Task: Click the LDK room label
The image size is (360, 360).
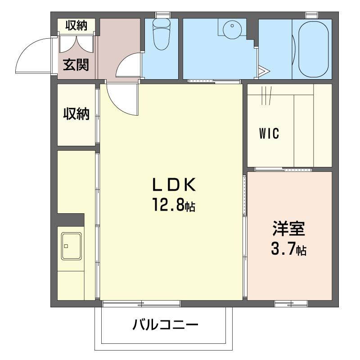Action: coord(173,185)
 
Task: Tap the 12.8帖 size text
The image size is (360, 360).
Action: coord(173,206)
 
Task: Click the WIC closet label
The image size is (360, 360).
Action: coord(269,134)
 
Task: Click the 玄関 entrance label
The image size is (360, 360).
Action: coord(76,65)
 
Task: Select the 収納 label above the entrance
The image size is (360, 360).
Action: coord(76,25)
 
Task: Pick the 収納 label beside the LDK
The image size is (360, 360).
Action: coord(76,114)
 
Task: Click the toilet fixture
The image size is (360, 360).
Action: coord(160,35)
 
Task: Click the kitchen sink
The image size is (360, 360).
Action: coord(71,246)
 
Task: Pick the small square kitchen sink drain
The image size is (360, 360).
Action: coord(66,246)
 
